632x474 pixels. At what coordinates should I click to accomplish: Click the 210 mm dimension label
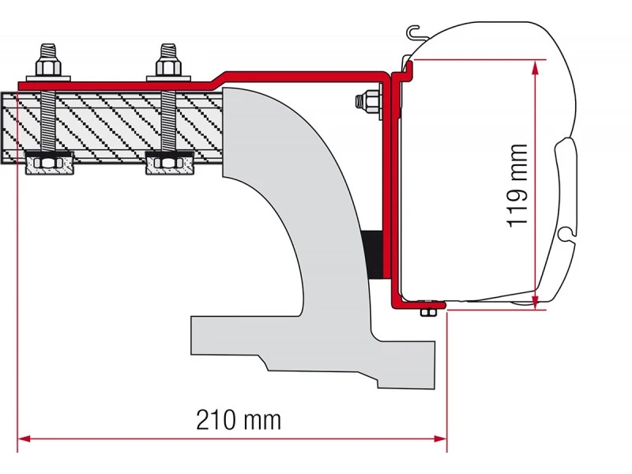tap(239, 420)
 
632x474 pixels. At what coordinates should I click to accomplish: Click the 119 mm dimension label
tap(517, 186)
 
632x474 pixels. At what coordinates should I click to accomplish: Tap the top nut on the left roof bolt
tap(48, 66)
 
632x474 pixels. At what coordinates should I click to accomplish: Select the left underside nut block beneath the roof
tap(49, 163)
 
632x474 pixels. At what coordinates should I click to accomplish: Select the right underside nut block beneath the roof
tap(170, 163)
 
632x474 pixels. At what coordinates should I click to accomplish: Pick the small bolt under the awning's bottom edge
tap(428, 309)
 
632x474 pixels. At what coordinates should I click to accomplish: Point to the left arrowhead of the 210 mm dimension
tap(24, 438)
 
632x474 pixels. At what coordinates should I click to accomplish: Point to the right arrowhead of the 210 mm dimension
tap(440, 438)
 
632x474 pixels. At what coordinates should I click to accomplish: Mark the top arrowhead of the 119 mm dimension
tap(535, 68)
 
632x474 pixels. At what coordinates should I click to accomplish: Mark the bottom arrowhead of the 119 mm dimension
tap(535, 303)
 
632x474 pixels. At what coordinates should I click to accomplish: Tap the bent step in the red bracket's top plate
tap(218, 78)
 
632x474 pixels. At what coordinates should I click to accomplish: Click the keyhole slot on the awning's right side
tap(566, 234)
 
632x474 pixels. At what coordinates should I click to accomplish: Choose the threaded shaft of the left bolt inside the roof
tap(48, 121)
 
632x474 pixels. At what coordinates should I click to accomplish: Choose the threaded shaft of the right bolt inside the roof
tap(168, 121)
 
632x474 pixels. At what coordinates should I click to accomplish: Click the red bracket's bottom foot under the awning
tap(419, 305)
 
